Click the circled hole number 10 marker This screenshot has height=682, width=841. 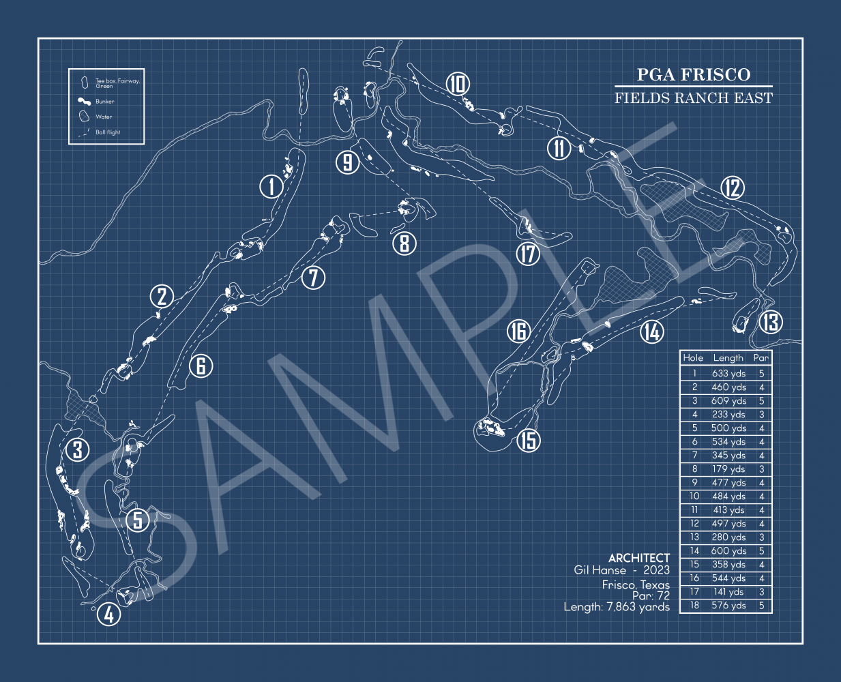coord(458,84)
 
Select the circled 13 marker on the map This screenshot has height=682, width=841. coord(771,321)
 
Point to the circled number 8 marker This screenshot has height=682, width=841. coord(404,243)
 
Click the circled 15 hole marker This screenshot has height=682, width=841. coord(529,440)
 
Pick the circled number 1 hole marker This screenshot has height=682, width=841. coord(271,186)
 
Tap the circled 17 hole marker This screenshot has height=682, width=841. coord(528,254)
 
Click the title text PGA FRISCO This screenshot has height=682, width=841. coord(693,75)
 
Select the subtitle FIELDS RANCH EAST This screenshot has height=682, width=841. coord(693,98)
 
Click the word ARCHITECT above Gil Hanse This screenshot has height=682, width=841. coord(639,558)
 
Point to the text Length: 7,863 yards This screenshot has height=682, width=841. coord(617,607)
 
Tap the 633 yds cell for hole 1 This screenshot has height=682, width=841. coord(728,374)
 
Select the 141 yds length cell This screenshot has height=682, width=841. coord(728,592)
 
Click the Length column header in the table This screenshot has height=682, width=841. coord(728,357)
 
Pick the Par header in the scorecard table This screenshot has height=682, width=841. coord(761,357)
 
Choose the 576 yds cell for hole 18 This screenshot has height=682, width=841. coord(728,606)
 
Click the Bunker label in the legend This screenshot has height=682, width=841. coord(105,102)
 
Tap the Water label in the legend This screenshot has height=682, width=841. coord(104,117)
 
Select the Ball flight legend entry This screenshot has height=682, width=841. coord(108,132)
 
